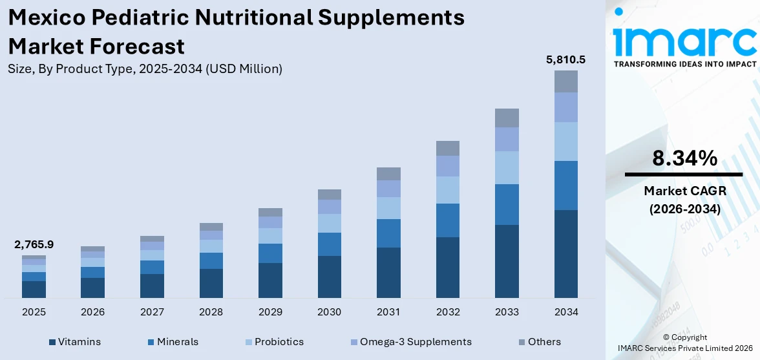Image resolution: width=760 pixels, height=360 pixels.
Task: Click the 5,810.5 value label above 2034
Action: [565, 60]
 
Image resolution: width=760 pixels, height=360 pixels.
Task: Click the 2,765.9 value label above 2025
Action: [34, 244]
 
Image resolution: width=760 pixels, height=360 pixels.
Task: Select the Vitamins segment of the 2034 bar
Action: [566, 253]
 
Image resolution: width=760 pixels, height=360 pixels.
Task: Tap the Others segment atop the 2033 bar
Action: [507, 118]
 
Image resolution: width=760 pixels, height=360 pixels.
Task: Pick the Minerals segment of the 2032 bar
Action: [448, 220]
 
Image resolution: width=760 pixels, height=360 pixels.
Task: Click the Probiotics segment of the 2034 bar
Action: [566, 141]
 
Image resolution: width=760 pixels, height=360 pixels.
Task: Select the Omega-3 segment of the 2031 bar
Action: [388, 188]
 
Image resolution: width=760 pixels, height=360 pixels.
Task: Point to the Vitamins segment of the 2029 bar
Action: [270, 280]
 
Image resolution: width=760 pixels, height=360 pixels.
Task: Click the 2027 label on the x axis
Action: [152, 312]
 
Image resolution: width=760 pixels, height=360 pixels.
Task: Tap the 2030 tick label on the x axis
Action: [329, 312]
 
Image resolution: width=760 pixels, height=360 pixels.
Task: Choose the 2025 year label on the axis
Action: [34, 312]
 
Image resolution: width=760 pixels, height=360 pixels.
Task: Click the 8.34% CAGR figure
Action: [684, 158]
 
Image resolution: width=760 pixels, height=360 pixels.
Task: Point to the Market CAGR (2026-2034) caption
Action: [684, 200]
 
